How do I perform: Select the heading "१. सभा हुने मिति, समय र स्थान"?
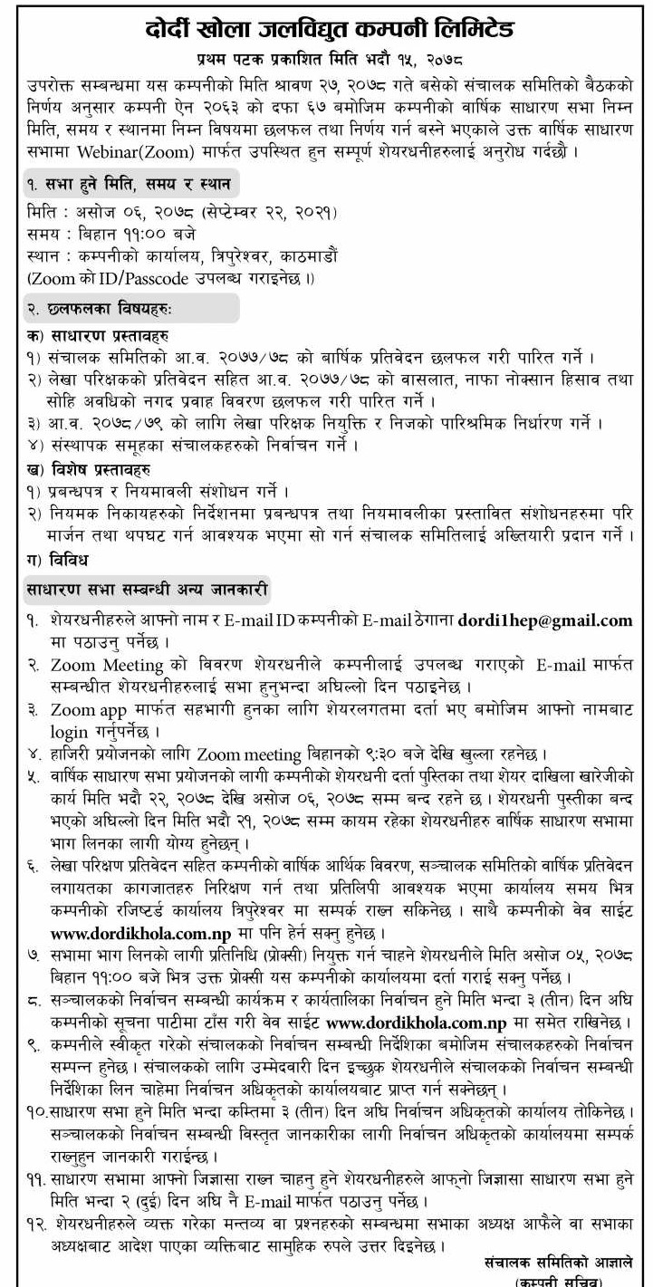pos(127,184)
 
